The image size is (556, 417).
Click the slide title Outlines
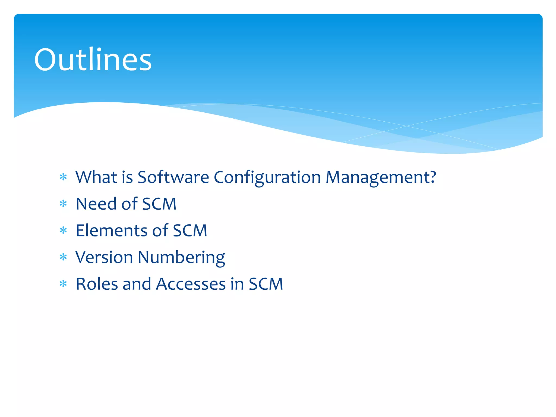pos(93,60)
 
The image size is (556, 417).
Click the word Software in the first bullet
pos(173,177)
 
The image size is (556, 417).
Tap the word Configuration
pos(267,177)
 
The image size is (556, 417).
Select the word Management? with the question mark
pos(381,177)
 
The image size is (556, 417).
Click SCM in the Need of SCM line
pos(159,204)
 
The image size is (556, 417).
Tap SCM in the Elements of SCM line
pos(190,230)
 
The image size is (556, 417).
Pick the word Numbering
pos(181,257)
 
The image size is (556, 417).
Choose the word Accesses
pos(191,284)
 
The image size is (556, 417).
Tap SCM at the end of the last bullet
pos(266,284)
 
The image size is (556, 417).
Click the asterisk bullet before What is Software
pos(63,177)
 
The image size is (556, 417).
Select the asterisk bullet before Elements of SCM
pos(63,230)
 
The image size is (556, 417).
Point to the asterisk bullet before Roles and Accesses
pos(63,284)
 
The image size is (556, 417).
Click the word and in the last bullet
pos(137,284)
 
